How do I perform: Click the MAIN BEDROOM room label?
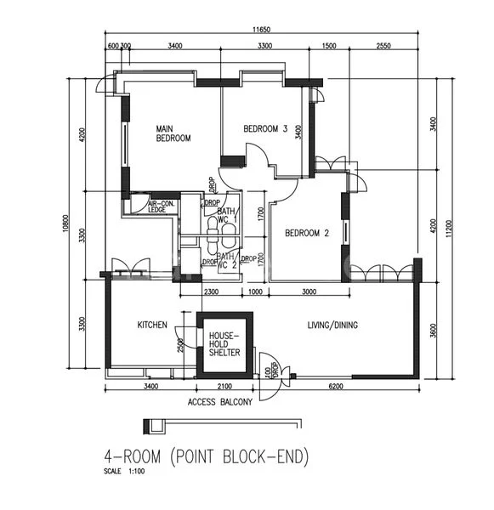tap(173, 133)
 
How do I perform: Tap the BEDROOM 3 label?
tap(266, 129)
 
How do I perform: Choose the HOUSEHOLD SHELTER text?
tap(224, 344)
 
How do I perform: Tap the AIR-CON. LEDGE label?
tap(161, 207)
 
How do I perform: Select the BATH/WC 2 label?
tap(225, 259)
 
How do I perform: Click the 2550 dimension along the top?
tap(382, 46)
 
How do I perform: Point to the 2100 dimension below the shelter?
tap(224, 387)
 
